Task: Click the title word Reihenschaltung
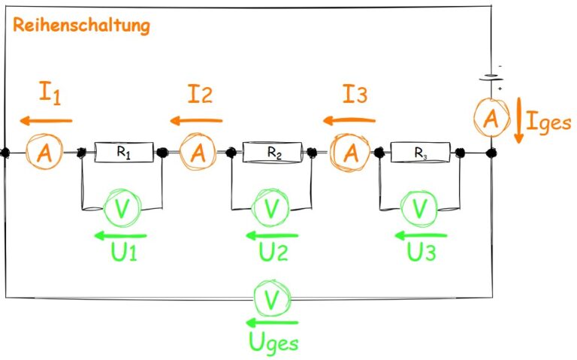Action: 81,26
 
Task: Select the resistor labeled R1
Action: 124,153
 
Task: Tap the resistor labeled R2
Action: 273,153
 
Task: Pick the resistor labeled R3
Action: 421,153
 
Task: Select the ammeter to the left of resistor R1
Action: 44,153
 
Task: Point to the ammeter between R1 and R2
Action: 198,153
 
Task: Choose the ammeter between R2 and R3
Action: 351,153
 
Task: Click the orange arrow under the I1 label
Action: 46,120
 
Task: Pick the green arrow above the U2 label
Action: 272,235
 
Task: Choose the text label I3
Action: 355,96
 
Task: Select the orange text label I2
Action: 201,95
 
